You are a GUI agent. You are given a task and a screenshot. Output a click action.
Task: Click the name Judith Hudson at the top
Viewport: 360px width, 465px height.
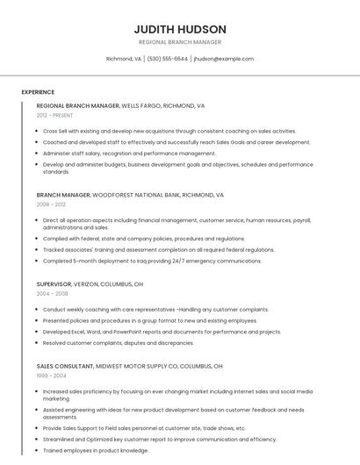(180, 29)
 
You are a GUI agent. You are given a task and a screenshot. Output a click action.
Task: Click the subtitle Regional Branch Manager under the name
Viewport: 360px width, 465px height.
(180, 42)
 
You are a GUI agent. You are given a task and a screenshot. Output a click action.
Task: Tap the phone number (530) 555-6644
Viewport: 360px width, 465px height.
(167, 59)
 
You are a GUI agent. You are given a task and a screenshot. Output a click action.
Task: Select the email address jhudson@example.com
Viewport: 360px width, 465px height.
(224, 59)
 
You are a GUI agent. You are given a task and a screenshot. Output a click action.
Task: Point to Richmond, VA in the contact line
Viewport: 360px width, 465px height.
(124, 59)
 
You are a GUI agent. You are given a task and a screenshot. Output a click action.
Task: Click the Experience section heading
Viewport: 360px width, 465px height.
(38, 92)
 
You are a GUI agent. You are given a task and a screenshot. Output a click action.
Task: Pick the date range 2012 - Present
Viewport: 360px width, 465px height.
(54, 115)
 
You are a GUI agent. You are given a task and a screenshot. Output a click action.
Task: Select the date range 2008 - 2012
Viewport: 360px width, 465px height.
(51, 204)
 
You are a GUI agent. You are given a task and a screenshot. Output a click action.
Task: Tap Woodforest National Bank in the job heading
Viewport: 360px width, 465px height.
(144, 195)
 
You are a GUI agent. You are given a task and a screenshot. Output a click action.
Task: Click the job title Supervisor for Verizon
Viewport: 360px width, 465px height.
(54, 284)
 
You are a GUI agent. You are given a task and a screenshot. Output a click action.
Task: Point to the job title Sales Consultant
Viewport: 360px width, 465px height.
(64, 366)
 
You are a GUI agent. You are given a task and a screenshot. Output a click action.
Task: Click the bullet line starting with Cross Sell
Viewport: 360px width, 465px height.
(169, 131)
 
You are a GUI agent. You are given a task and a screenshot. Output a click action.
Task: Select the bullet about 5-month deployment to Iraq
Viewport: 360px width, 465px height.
(152, 261)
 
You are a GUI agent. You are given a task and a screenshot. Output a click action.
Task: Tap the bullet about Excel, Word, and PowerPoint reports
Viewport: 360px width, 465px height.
(162, 332)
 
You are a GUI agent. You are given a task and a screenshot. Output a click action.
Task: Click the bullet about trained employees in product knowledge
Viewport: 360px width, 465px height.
(96, 450)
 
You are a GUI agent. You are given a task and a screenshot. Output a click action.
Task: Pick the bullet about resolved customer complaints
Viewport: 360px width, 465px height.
(119, 343)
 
